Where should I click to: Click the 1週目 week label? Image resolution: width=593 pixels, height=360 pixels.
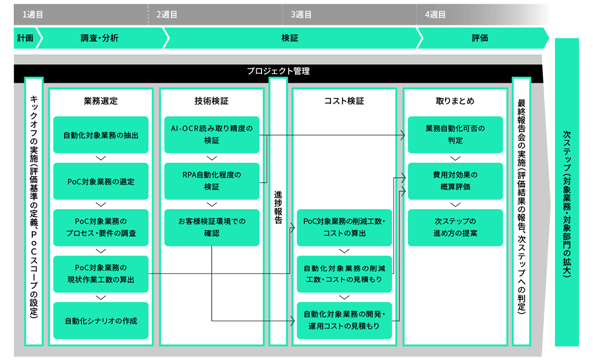33,15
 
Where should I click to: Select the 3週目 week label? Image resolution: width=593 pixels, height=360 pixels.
301,15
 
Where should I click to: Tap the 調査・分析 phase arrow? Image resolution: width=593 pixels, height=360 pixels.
100,38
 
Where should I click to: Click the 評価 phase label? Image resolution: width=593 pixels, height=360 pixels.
480,38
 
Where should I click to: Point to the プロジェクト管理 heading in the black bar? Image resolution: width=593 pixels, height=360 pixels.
278,70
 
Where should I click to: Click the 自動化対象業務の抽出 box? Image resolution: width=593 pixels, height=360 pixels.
101,135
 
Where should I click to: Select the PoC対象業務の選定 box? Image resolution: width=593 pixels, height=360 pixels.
101,182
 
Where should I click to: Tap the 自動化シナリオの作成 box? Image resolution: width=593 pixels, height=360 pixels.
101,321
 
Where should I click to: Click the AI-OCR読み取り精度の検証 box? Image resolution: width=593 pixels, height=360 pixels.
212,135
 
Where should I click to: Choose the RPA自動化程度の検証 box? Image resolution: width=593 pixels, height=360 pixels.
212,181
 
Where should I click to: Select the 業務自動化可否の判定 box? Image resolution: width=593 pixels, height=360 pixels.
455,135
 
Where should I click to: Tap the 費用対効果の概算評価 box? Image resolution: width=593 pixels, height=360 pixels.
455,181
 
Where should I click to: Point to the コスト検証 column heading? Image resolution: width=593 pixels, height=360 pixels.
344,101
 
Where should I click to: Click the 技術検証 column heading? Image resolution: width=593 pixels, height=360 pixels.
212,101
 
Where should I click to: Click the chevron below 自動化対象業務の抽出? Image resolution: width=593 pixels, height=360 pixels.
101,158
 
